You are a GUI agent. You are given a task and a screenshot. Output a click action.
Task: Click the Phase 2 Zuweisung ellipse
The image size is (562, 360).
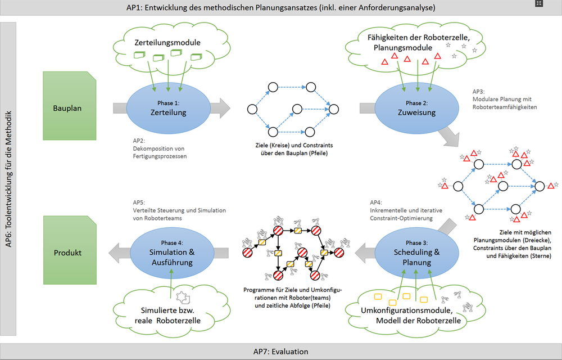[x=413, y=107]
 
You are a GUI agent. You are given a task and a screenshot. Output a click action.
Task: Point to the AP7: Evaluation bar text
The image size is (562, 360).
[x=280, y=352]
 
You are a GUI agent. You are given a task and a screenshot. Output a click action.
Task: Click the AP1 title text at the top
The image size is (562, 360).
[x=280, y=7]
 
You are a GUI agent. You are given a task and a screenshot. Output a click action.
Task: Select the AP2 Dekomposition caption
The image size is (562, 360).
[x=156, y=148]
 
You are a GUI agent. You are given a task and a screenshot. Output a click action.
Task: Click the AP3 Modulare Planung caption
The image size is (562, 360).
[x=504, y=99]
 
